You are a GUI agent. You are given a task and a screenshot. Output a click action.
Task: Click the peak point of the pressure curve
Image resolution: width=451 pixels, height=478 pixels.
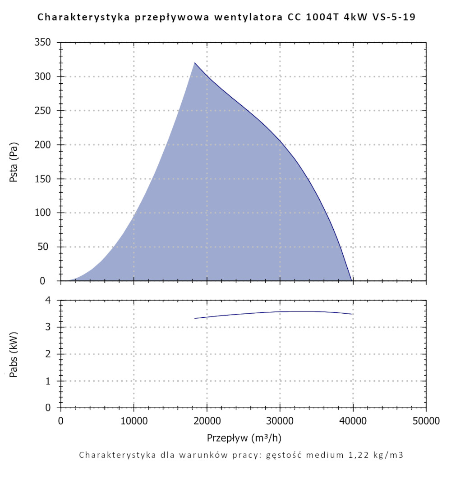195,63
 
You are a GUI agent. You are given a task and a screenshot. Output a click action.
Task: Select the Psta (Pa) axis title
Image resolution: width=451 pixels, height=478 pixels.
14,162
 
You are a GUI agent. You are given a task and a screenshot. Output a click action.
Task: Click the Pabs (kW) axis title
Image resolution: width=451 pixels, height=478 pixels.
14,355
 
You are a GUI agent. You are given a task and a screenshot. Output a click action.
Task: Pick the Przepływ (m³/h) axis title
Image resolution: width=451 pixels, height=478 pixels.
244,437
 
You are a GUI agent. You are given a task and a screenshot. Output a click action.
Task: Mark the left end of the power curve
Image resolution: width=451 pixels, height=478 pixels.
195,318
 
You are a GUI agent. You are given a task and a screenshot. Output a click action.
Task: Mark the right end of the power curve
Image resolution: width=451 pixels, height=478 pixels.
351,314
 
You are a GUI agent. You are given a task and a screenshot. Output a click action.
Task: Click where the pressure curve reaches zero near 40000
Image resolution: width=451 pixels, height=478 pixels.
352,280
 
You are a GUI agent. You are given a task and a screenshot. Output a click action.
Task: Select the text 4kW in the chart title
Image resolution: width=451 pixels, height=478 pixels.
350,18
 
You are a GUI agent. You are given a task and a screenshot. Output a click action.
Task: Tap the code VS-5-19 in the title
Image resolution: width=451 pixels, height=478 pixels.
390,18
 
